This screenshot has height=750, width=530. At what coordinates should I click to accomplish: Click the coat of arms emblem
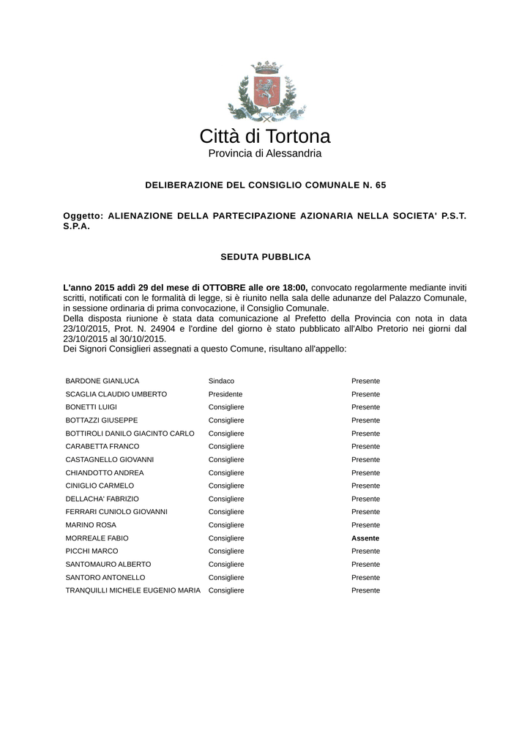click(x=265, y=91)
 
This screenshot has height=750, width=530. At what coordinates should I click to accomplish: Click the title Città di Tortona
click(x=265, y=136)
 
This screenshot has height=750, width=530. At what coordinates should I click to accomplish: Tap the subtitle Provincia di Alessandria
click(x=265, y=154)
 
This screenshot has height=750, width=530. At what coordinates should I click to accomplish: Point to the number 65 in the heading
click(x=380, y=185)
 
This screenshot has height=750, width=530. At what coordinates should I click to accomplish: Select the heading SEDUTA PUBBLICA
click(x=266, y=257)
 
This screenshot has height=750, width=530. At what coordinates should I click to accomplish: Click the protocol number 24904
click(x=169, y=329)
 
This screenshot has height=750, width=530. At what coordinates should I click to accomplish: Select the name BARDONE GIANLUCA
click(x=102, y=381)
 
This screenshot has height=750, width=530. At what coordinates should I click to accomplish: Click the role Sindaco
click(x=221, y=381)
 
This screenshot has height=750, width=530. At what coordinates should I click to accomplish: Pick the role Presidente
click(x=225, y=394)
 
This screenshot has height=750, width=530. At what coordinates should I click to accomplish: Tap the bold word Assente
click(x=365, y=538)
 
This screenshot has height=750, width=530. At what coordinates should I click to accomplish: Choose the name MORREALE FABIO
click(x=98, y=538)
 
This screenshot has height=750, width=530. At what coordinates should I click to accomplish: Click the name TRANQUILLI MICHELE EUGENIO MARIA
click(x=133, y=590)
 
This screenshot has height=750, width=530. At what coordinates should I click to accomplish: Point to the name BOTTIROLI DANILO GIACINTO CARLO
click(x=130, y=434)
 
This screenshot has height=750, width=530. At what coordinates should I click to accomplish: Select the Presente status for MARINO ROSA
click(x=365, y=525)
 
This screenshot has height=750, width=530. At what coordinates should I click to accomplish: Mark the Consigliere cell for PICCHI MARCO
click(x=226, y=551)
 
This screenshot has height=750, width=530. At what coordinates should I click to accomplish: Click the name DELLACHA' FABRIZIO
click(x=102, y=499)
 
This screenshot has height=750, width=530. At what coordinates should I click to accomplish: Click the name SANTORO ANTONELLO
click(x=105, y=577)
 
